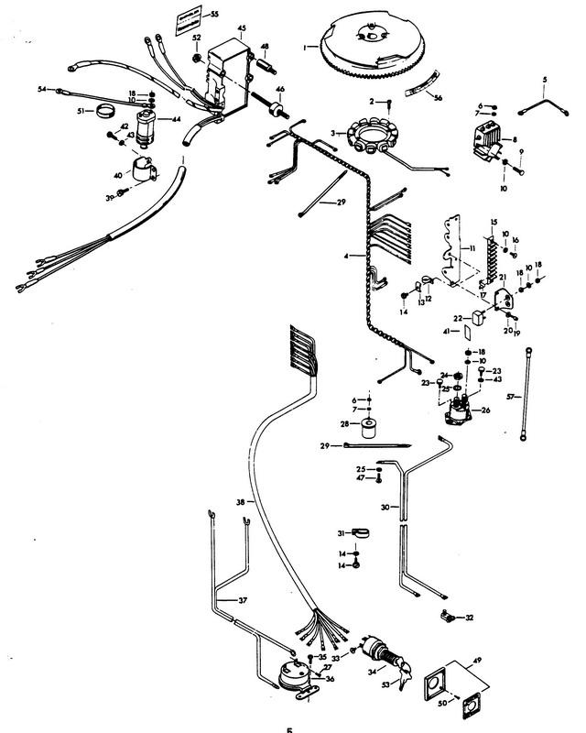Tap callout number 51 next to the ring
coord(81,111)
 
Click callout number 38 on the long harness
coord(240,502)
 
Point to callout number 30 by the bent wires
coord(385,507)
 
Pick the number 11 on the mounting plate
coord(472,248)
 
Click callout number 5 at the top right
coord(544,81)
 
